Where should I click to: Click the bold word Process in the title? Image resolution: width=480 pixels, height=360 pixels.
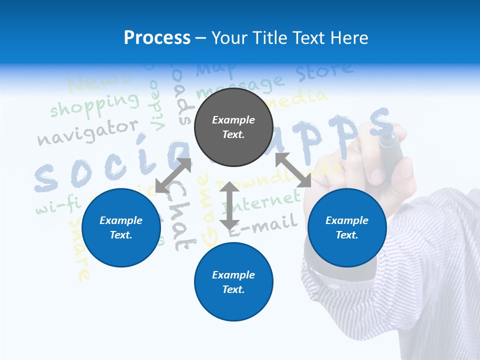tap(157, 37)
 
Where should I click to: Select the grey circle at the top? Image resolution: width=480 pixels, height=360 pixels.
tap(233, 127)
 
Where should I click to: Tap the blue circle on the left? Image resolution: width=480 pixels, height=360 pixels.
tap(121, 227)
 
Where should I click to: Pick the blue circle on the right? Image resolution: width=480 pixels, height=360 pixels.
tap(347, 227)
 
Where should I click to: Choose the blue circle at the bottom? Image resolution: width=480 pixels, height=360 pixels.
tap(233, 282)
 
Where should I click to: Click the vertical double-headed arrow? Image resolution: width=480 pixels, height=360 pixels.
tap(229, 205)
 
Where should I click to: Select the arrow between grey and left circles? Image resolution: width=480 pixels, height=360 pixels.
tap(173, 175)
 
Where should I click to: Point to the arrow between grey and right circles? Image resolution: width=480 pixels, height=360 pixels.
tap(293, 170)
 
